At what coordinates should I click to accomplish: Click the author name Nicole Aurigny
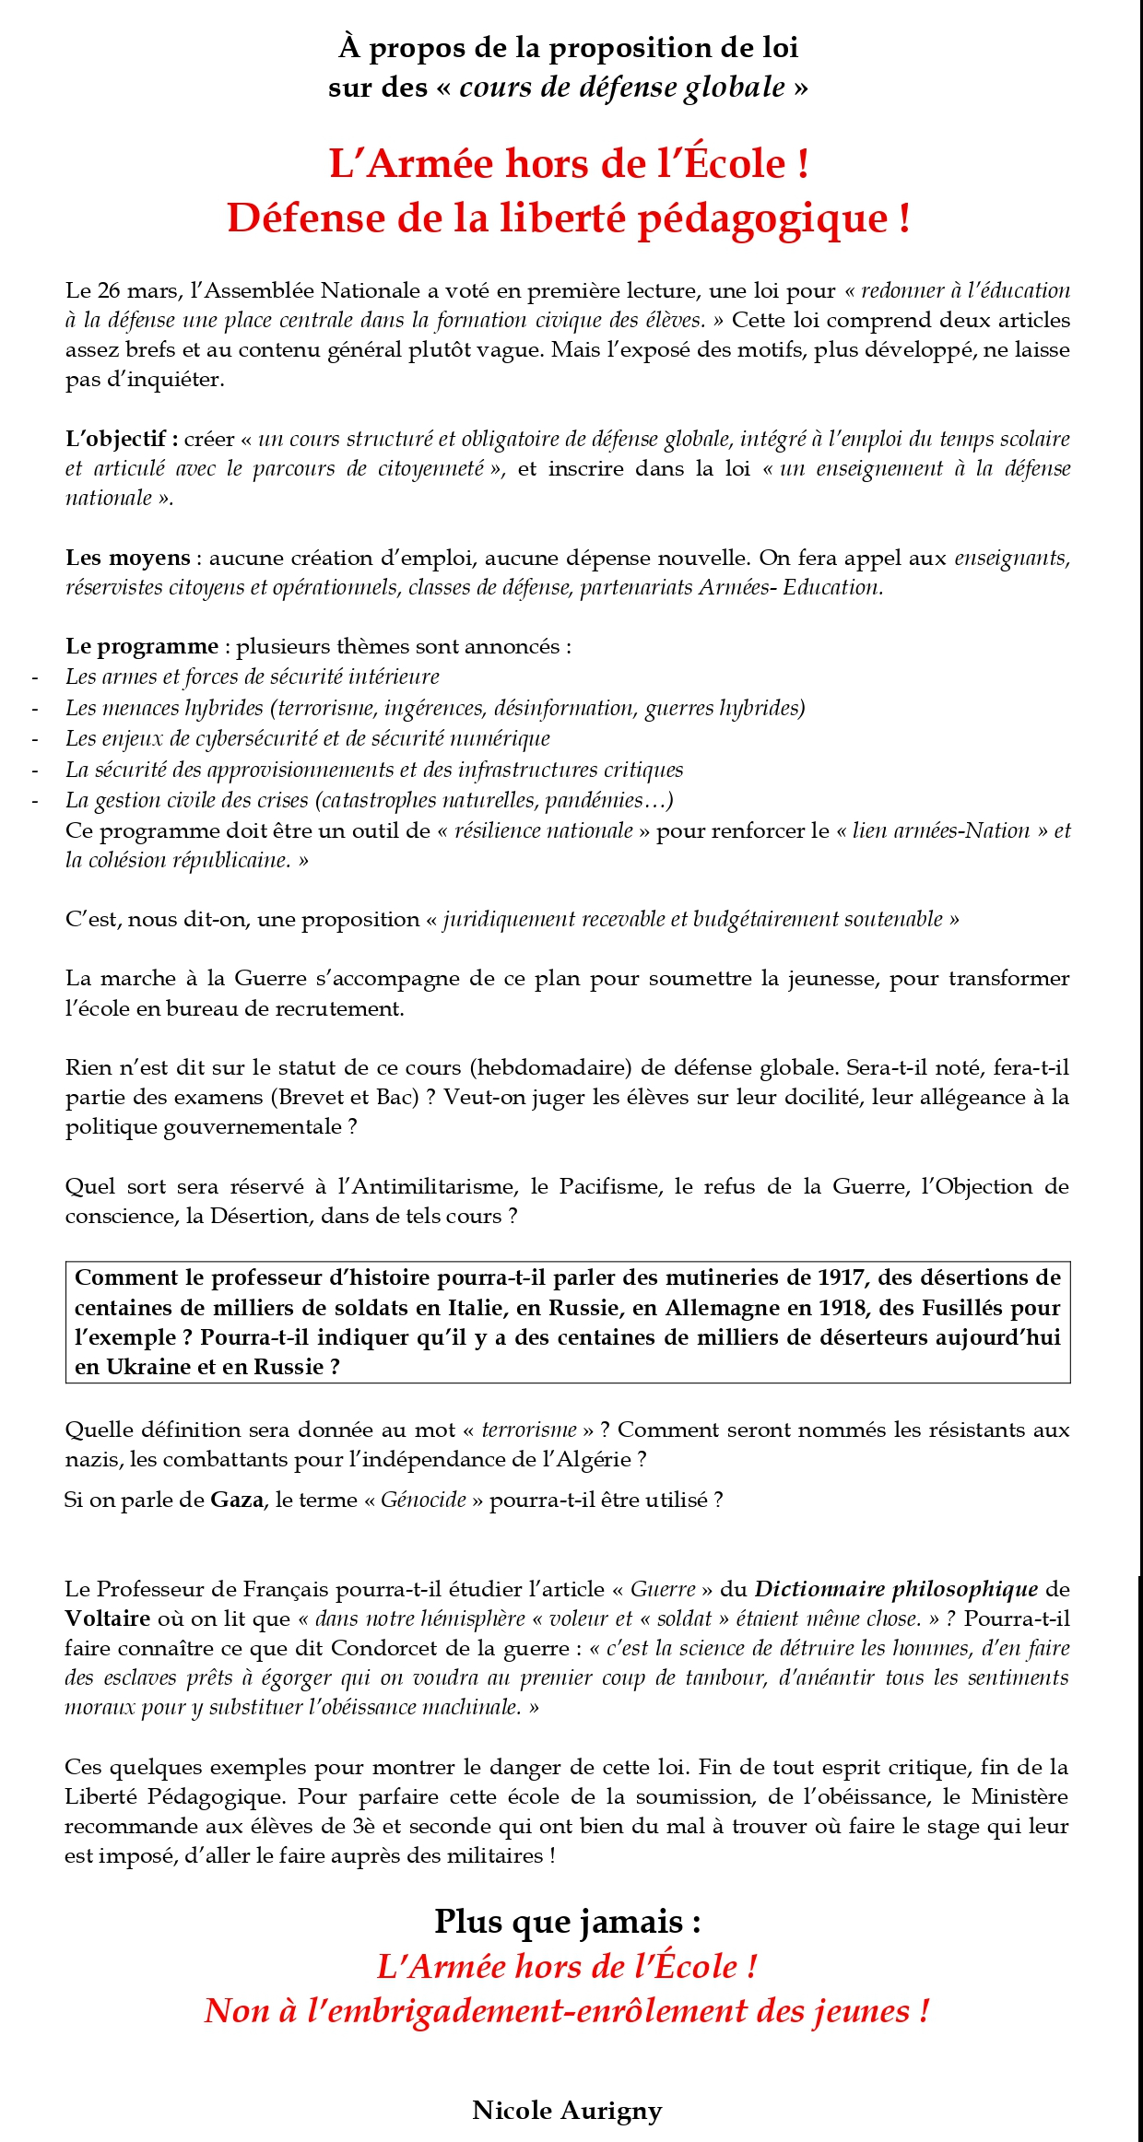point(567,2110)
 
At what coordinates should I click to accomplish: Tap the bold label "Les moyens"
point(127,558)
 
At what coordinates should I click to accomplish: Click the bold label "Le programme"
point(142,646)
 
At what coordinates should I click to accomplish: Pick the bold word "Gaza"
point(237,1500)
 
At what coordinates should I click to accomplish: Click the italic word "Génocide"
point(423,1500)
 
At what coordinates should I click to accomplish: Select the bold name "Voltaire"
point(107,1618)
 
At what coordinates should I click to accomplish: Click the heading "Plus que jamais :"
point(567,1922)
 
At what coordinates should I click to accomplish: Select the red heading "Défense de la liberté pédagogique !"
point(569,218)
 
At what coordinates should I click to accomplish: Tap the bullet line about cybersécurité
point(308,738)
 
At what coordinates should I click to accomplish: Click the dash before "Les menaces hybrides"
point(35,709)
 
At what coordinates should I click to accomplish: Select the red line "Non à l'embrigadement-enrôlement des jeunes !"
point(567,2010)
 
